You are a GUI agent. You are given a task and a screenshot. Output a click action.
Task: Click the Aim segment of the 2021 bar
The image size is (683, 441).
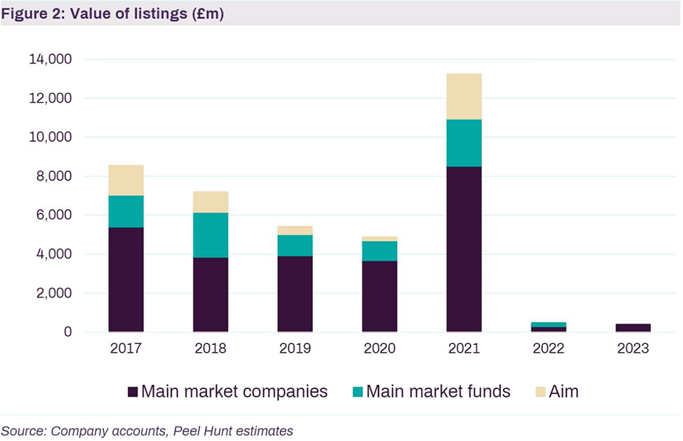[463, 96]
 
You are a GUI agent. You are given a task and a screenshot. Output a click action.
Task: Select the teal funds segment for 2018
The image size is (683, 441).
[210, 235]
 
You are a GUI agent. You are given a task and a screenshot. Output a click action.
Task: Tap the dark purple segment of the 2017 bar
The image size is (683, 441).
[126, 280]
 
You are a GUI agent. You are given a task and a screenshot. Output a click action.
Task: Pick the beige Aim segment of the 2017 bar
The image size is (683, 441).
[126, 180]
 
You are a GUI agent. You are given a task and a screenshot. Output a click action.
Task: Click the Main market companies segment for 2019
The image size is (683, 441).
[295, 294]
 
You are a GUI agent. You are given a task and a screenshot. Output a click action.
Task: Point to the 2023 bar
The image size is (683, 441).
[632, 328]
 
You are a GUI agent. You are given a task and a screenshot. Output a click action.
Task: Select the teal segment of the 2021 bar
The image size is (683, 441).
[463, 143]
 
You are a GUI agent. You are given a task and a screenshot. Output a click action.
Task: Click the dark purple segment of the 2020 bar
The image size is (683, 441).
[379, 296]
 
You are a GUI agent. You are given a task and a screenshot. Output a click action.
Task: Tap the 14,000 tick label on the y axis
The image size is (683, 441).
[51, 60]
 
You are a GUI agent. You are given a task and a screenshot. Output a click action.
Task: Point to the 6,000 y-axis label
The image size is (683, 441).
[53, 215]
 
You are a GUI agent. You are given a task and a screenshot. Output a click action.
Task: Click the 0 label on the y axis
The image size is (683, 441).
[68, 333]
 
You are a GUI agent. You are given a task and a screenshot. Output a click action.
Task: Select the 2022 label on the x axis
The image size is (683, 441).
[548, 349]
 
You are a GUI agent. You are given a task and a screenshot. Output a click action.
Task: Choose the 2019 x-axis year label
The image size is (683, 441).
[295, 349]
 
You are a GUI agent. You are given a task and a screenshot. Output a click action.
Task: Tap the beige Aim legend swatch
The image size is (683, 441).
[538, 392]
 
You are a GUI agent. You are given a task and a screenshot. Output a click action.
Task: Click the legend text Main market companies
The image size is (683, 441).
[234, 392]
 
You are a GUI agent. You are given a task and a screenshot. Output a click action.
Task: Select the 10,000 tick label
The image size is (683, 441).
[51, 138]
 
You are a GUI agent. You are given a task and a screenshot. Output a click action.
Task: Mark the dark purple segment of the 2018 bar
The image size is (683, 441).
[210, 295]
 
